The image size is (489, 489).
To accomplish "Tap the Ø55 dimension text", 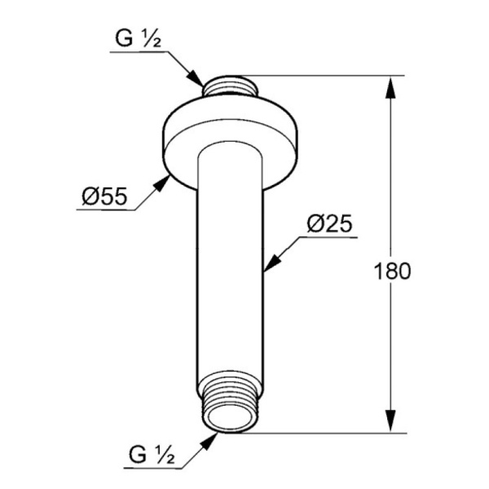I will point(103,196).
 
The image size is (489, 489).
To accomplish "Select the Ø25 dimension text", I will point(331,224).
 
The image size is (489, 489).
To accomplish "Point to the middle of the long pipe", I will point(231,269).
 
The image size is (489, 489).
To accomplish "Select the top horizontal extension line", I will point(326,76).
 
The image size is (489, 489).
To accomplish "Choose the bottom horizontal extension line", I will point(326,432).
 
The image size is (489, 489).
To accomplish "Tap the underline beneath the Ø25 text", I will point(331,237).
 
